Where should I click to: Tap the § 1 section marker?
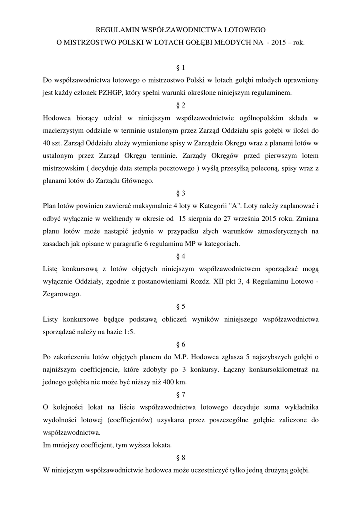[181, 67]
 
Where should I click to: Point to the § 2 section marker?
[181, 105]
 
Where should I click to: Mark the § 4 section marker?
[181, 256]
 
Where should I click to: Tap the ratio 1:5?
[126, 332]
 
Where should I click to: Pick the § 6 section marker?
[181, 345]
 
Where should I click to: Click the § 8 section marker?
[181, 458]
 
